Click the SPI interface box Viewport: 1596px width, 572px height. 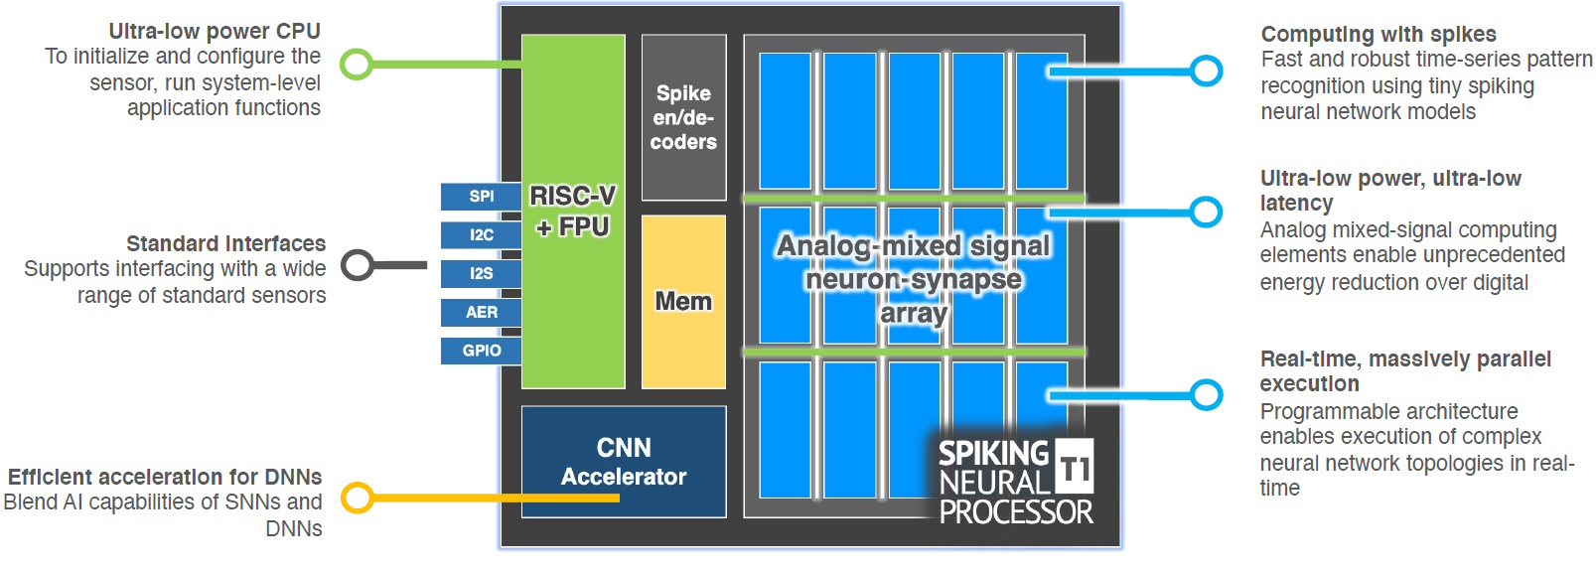(x=482, y=197)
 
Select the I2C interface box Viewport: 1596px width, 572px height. (x=482, y=235)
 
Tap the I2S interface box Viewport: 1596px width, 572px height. (x=482, y=273)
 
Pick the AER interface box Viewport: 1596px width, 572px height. (x=482, y=312)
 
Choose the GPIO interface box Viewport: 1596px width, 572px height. (x=482, y=351)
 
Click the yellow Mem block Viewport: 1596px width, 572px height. (x=683, y=302)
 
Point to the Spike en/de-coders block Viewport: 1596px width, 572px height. (x=683, y=117)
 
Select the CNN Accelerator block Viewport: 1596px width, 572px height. (x=624, y=462)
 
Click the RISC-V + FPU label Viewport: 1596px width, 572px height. (x=573, y=211)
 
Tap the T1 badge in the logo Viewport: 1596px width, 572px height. (x=1074, y=466)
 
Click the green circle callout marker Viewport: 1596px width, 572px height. (x=357, y=65)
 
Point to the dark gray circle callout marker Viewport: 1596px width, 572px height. (x=357, y=265)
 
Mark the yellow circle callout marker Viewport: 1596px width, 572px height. (x=357, y=498)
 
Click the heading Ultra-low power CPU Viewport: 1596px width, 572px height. (x=215, y=32)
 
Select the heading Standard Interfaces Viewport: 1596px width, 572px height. (x=225, y=244)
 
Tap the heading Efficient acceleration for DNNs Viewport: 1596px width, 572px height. (x=165, y=478)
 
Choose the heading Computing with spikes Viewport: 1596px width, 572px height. (x=1378, y=35)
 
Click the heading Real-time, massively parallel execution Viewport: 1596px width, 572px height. (x=1404, y=371)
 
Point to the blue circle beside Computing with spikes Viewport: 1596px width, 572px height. (x=1206, y=71)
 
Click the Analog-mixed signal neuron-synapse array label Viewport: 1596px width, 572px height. (x=913, y=279)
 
